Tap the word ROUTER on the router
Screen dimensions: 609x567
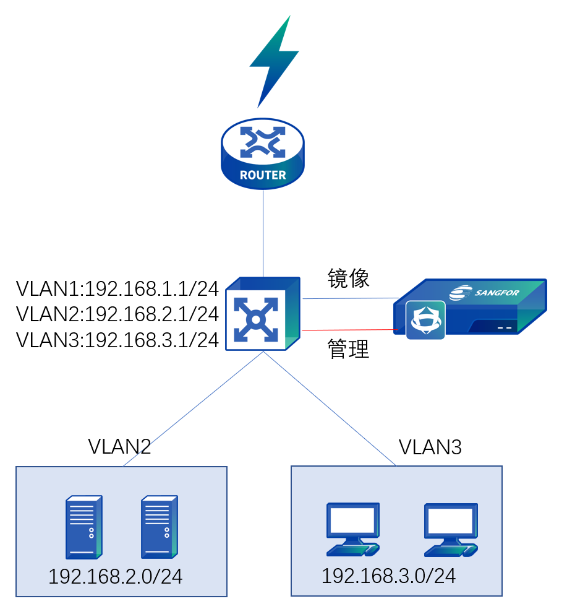263,175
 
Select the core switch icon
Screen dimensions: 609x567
263,314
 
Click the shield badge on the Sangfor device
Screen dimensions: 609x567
425,320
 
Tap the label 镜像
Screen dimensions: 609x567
348,279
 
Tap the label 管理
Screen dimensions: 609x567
348,350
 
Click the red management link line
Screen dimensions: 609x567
348,330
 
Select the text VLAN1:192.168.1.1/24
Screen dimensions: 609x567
117,288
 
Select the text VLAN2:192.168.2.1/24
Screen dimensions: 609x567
117,314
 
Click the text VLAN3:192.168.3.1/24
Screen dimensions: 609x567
117,340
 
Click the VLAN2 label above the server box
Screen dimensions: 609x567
119,446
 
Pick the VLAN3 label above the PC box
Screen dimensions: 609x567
430,447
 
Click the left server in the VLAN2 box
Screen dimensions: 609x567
84,527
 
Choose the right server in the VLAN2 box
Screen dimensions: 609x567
159,527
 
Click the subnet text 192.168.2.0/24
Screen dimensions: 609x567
116,577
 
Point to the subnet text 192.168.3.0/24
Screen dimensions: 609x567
388,576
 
